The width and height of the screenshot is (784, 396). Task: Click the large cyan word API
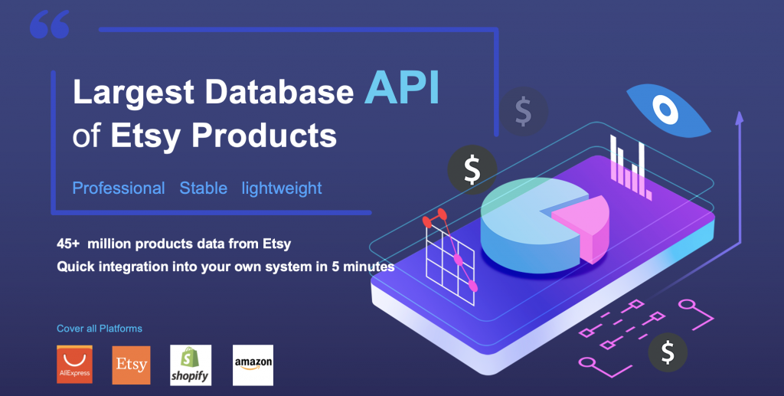[402, 87]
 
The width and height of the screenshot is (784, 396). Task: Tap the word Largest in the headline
[133, 93]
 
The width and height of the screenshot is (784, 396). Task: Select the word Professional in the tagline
[119, 188]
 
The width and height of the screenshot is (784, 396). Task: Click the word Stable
[204, 188]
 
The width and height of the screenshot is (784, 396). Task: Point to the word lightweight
[282, 188]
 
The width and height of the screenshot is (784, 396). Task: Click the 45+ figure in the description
[68, 244]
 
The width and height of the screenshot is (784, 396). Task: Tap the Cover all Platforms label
[99, 329]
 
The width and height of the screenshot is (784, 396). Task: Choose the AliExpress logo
[74, 365]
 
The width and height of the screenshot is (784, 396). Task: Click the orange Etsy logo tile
[131, 365]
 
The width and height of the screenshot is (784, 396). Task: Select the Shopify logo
[191, 365]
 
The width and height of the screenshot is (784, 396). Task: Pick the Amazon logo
[253, 365]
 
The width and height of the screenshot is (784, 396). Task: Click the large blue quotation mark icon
[50, 25]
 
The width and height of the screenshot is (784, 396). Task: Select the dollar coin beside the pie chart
[472, 169]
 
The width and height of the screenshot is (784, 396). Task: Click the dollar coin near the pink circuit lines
[668, 352]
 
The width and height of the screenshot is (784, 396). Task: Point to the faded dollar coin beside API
[523, 111]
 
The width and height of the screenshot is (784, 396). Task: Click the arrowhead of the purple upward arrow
[739, 117]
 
